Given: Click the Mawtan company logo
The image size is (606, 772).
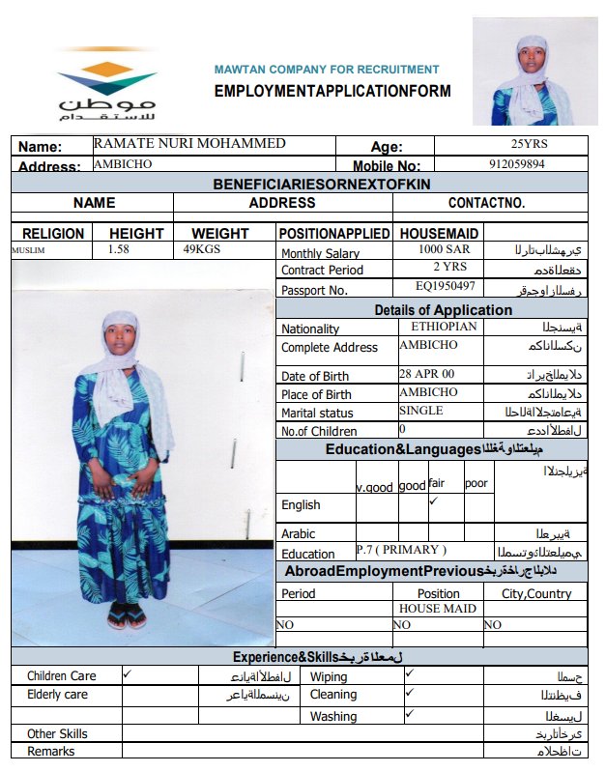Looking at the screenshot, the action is (105, 88).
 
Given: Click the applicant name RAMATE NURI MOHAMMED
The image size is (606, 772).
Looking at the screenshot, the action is (189, 144).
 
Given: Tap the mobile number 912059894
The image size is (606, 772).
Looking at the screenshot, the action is (516, 164).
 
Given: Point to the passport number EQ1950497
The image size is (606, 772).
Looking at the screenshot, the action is (446, 287).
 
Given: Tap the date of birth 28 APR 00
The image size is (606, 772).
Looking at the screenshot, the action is (426, 373).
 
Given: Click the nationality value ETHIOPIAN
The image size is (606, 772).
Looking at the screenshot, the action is (439, 327).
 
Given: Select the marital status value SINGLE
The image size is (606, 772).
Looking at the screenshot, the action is (421, 411).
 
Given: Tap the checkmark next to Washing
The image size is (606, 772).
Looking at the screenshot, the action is (410, 714).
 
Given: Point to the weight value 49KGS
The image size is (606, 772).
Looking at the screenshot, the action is (203, 249).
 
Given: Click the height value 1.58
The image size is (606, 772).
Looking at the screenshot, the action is (119, 249).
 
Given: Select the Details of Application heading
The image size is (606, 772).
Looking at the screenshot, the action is (444, 309).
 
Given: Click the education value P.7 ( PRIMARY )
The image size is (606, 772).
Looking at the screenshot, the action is (401, 550).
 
